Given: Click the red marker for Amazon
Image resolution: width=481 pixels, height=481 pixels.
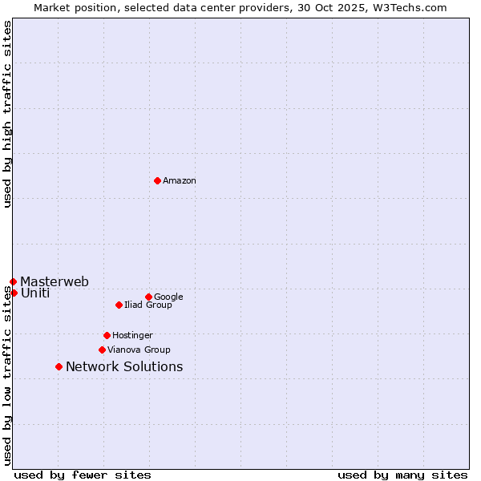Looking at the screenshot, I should pyautogui.click(x=157, y=180).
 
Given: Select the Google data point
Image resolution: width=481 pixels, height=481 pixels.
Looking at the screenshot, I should pyautogui.click(x=148, y=297).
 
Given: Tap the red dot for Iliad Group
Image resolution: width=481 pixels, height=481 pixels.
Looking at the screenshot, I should pyautogui.click(x=119, y=305).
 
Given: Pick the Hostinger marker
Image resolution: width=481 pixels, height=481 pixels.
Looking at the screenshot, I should pyautogui.click(x=107, y=335).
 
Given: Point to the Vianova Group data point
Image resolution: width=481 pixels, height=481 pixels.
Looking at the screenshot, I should pyautogui.click(x=102, y=350).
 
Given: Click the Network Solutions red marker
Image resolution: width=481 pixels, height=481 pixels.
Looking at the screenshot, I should pyautogui.click(x=59, y=366).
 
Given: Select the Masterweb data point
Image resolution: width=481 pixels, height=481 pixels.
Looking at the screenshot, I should pyautogui.click(x=13, y=281).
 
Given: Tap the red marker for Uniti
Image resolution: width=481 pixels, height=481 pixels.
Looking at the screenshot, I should pyautogui.click(x=14, y=293).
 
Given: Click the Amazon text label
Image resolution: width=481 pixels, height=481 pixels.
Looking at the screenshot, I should pyautogui.click(x=180, y=181).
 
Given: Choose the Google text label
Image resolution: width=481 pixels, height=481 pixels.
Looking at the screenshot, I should pyautogui.click(x=168, y=297).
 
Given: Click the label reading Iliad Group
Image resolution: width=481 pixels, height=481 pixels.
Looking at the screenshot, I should pyautogui.click(x=148, y=305).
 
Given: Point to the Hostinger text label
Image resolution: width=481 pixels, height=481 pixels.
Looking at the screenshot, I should pyautogui.click(x=132, y=336).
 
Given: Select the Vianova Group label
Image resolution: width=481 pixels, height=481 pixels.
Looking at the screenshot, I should pyautogui.click(x=139, y=350).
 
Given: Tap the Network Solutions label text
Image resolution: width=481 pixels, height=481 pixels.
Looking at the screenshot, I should pyautogui.click(x=124, y=367).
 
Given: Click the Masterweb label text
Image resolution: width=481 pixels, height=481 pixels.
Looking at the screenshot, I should pyautogui.click(x=55, y=282).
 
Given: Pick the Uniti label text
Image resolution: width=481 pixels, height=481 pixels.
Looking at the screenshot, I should pyautogui.click(x=35, y=293).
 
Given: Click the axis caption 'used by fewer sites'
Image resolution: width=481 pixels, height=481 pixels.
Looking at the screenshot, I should pyautogui.click(x=83, y=475).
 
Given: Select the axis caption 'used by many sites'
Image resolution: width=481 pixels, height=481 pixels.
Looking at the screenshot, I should pyautogui.click(x=402, y=475).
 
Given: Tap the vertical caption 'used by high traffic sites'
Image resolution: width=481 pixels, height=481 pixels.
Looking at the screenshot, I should pyautogui.click(x=8, y=114).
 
